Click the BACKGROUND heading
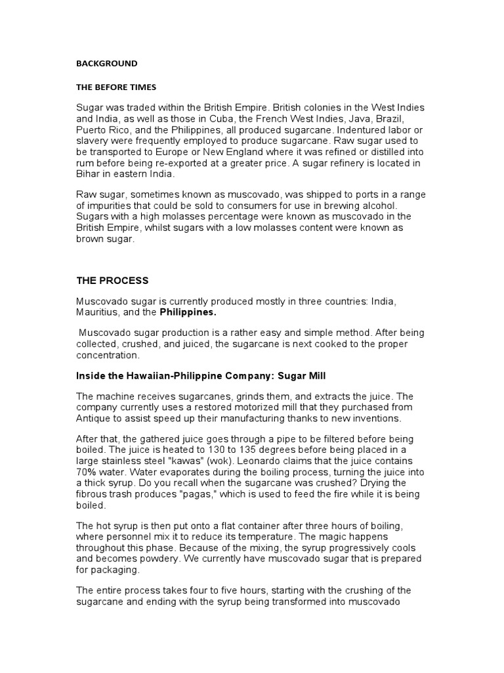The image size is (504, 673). point(107,64)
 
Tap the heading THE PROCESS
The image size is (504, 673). point(112,281)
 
